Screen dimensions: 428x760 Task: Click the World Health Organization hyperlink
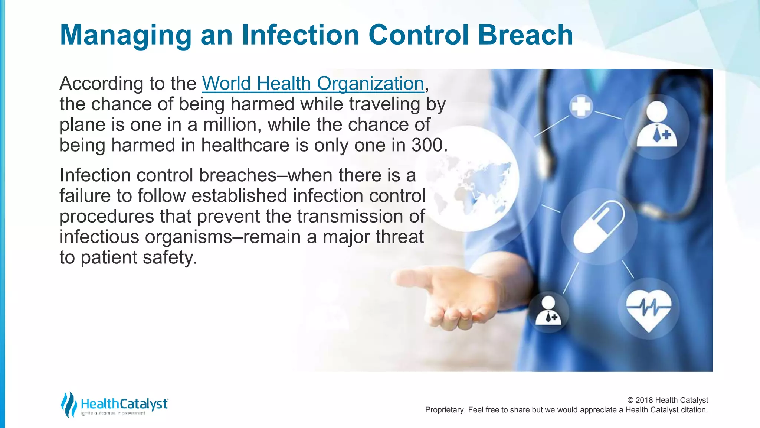coord(313,83)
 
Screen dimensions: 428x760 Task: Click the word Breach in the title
coord(525,35)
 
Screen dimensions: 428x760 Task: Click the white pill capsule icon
coord(599,227)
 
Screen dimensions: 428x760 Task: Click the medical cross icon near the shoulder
coord(581,107)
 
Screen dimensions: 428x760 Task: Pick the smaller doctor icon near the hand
coord(548,310)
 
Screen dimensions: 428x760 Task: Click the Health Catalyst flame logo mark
coord(69,404)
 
